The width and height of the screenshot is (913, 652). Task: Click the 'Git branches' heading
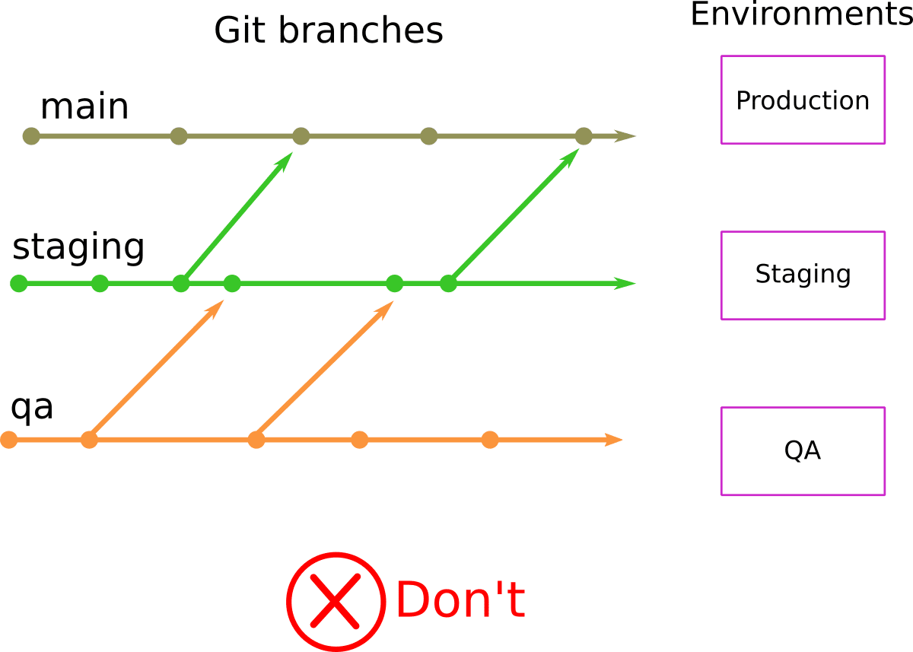[x=328, y=31]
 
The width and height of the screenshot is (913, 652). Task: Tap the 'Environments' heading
[x=801, y=14]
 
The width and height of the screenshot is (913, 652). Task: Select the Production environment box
[x=803, y=100]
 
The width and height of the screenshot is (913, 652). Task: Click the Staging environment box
[x=803, y=275]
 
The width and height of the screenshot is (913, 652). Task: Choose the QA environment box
[x=803, y=451]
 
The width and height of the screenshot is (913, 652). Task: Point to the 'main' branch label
[x=84, y=107]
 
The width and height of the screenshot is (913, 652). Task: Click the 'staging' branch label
[x=78, y=248]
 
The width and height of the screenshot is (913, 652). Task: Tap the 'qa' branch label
[x=32, y=408]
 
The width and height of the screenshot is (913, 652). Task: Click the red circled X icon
[x=335, y=601]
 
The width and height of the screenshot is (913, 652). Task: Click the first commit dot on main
[x=31, y=136]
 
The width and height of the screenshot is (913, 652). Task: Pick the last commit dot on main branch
[x=584, y=136]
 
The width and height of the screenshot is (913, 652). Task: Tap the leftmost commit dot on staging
[x=19, y=284]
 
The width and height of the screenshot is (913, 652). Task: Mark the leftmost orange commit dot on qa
[x=9, y=440]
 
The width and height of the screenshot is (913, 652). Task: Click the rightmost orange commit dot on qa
[x=490, y=440]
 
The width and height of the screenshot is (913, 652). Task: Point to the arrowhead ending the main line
[x=625, y=137]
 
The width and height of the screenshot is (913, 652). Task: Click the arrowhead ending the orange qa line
[x=613, y=440]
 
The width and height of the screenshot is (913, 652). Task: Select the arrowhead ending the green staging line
[x=625, y=284]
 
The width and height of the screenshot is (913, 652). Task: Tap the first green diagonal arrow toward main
[x=237, y=217]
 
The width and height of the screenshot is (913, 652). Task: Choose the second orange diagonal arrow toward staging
[x=325, y=370]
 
